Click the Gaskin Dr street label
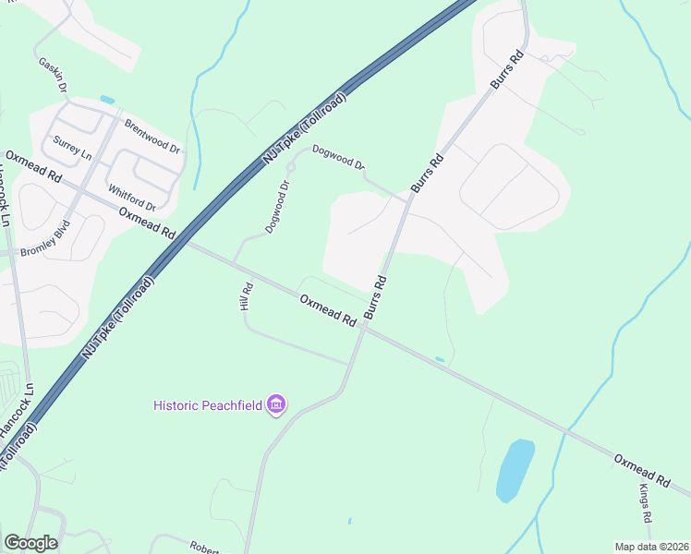point(55,75)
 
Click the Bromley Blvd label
point(44,238)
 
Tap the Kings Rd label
point(645,502)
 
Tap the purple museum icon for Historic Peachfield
point(275,404)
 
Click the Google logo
point(30,542)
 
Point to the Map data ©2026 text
point(651,547)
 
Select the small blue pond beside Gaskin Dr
point(107,100)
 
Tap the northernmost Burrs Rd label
point(507,70)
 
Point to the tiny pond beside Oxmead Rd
point(440,359)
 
